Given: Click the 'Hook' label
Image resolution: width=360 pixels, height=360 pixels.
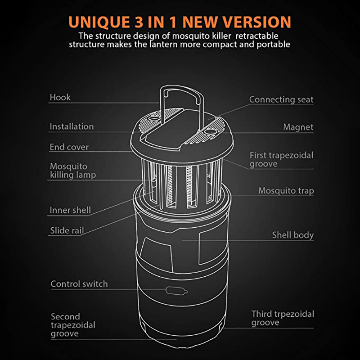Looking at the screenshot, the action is pos(60,97).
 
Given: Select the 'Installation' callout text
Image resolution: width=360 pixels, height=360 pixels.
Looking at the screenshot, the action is pos(72,126).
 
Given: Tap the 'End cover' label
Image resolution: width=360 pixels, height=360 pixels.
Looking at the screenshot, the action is pos(69,147).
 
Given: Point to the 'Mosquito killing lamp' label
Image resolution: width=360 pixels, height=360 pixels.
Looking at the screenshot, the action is pos(73,171).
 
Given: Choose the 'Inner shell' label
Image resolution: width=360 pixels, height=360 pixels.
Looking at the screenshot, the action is pos(70,210).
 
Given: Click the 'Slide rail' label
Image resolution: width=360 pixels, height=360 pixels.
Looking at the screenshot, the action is pos(67,230).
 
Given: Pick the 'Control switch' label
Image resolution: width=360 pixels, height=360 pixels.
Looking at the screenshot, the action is pos(79,284).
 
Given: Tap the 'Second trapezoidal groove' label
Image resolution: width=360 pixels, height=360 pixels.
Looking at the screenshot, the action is pos(73,325).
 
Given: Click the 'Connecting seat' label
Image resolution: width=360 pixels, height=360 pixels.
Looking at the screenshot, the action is pos(281,99).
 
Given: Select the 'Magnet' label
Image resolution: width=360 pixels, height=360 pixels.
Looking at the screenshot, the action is pos(298,127).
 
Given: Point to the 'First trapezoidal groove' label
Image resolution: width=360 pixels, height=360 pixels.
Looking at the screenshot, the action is pos(282,160).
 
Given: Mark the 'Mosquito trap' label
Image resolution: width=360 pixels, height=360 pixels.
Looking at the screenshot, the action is pos(286,190).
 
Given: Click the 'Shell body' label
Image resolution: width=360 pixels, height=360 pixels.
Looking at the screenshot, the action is pos(293,235).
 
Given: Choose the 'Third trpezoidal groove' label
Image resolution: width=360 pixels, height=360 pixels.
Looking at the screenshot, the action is pos(283,318).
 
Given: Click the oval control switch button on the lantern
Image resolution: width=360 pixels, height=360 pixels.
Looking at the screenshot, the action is pos(176,291).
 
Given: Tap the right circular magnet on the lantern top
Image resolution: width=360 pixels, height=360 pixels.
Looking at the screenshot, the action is pos(210,132).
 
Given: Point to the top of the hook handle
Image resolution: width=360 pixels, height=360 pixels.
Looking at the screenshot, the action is pos(181,87).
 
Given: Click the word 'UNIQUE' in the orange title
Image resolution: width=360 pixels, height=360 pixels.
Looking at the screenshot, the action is pos(99,22).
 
